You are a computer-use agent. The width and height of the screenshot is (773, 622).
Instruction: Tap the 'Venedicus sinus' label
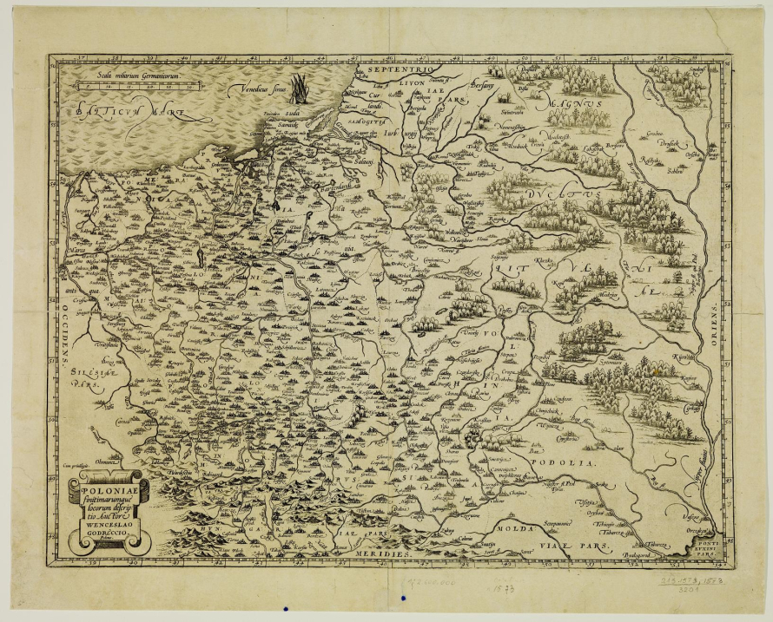[257, 88]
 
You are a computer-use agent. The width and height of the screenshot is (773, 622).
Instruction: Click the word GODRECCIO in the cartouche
[103, 531]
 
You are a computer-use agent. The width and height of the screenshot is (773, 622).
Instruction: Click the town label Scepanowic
[539, 524]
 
